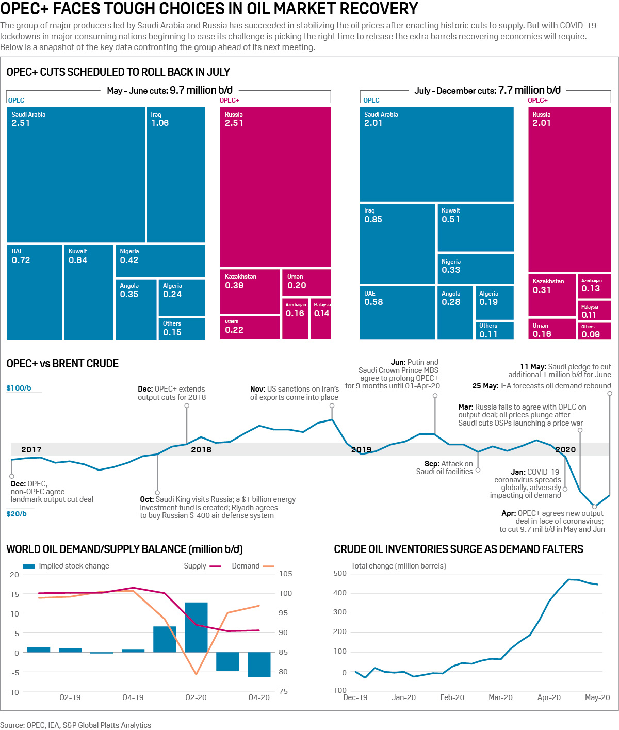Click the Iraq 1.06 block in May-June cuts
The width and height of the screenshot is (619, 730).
pyautogui.click(x=176, y=174)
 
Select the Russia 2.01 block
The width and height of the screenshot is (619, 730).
pyautogui.click(x=569, y=189)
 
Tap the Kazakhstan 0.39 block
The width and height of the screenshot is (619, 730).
pyautogui.click(x=250, y=291)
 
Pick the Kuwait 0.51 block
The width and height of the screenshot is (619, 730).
pyautogui.click(x=476, y=228)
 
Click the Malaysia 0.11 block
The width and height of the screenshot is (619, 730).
pyautogui.click(x=594, y=311)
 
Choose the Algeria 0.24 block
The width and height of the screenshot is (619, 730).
pyautogui.click(x=182, y=297)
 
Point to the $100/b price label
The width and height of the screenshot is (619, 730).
pyautogui.click(x=19, y=388)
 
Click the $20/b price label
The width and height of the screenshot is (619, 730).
pyautogui.click(x=17, y=514)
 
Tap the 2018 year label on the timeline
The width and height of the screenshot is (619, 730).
pyautogui.click(x=201, y=449)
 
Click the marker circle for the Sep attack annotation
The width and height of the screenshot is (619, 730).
pyautogui.click(x=478, y=470)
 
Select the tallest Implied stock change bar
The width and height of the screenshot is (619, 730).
pyautogui.click(x=196, y=627)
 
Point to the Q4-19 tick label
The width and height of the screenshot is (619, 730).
pyautogui.click(x=133, y=697)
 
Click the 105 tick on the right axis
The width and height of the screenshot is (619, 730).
pyautogui.click(x=286, y=574)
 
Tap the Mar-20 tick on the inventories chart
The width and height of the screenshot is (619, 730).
pyautogui.click(x=500, y=697)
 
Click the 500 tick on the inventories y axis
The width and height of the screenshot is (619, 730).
pyautogui.click(x=340, y=573)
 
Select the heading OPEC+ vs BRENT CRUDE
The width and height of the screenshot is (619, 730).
pyautogui.click(x=62, y=364)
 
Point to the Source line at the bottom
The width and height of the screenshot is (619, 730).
pyautogui.click(x=76, y=725)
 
